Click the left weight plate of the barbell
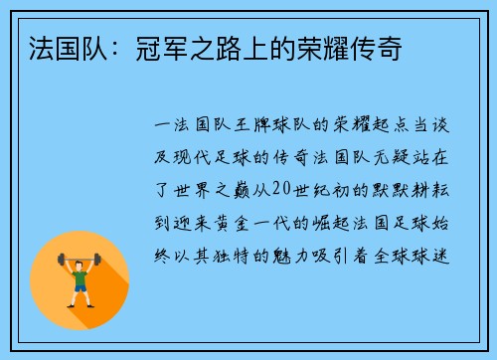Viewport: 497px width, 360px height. pyautogui.click(x=60, y=260)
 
